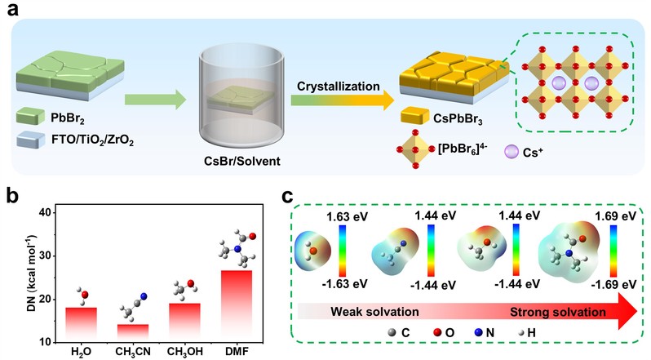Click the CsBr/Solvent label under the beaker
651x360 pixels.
(x=241, y=162)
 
